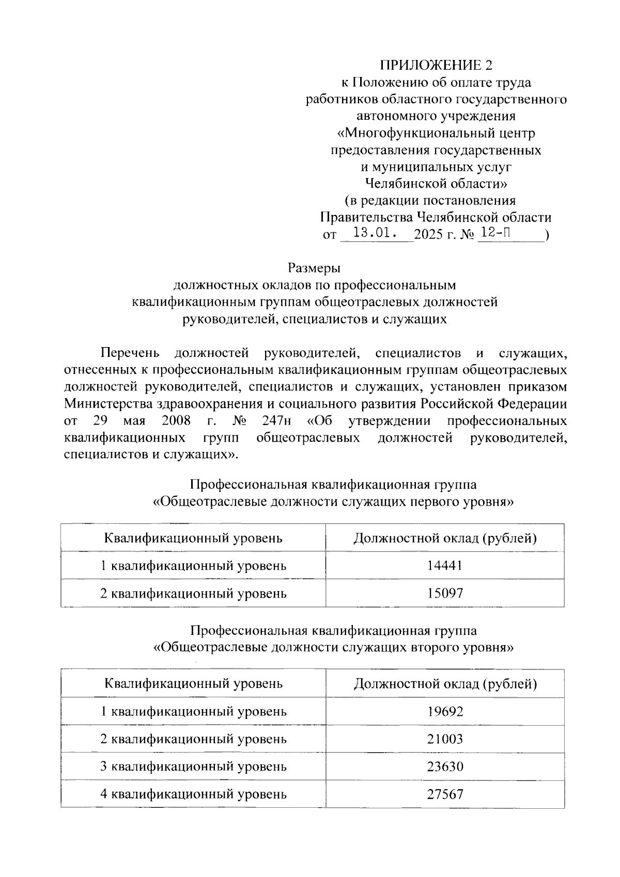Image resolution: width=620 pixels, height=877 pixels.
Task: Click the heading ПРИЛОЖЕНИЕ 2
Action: (437, 65)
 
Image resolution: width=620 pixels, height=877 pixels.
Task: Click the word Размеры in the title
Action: (315, 268)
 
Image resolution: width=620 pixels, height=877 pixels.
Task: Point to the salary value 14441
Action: (444, 566)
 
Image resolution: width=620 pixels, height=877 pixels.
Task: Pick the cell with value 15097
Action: (444, 593)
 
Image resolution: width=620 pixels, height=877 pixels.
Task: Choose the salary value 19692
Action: (445, 711)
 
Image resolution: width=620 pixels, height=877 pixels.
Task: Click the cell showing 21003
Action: (445, 739)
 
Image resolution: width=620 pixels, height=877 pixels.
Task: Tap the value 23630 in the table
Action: (445, 766)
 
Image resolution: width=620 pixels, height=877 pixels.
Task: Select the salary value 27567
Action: (445, 794)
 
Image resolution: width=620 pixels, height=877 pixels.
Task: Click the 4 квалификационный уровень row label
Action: (193, 794)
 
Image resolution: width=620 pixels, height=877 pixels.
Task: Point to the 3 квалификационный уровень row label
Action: (193, 766)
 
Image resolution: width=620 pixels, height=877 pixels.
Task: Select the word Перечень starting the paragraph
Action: (130, 353)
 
